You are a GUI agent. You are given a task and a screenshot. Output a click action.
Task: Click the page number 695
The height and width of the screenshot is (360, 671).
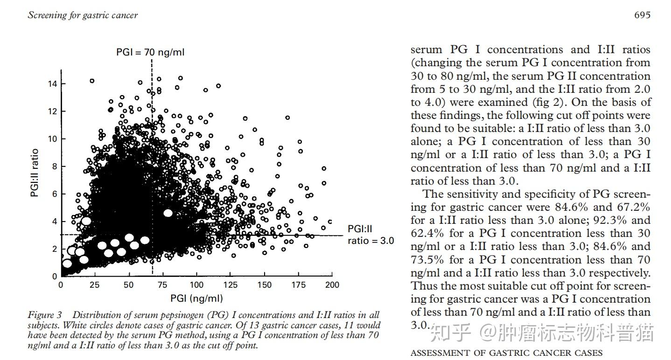(642, 15)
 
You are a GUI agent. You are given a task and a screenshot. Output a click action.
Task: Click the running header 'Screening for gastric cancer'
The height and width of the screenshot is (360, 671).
(83, 15)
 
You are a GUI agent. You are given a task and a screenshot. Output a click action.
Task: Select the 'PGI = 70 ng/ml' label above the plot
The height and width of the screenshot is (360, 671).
(150, 52)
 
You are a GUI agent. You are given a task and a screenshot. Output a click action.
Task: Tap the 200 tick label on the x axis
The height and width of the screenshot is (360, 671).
(332, 285)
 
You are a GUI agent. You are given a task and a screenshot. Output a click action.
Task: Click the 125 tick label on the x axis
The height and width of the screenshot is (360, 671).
(230, 285)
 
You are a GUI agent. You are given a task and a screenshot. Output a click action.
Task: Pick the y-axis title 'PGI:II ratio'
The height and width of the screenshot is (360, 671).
(35, 173)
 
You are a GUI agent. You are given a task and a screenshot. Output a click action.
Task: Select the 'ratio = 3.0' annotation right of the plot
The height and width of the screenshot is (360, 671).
(370, 241)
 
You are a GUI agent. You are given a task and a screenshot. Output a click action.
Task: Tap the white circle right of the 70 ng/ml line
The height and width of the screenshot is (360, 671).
(168, 213)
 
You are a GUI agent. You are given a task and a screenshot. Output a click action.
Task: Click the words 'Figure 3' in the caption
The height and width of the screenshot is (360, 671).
(47, 315)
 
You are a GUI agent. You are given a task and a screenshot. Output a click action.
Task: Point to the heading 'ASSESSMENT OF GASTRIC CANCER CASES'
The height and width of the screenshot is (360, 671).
(506, 353)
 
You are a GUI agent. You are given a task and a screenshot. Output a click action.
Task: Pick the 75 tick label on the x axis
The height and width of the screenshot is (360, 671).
(162, 285)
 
